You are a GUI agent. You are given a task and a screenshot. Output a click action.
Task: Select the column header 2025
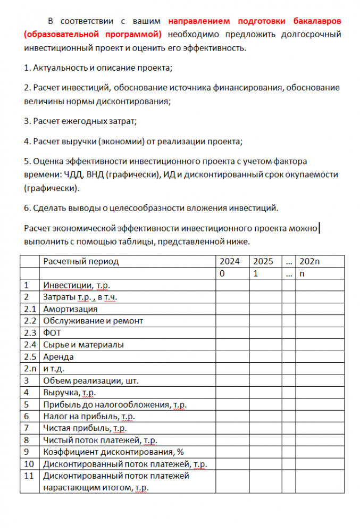(263, 261)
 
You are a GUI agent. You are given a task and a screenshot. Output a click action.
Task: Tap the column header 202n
(309, 261)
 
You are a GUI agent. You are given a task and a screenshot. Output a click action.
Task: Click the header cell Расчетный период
(81, 261)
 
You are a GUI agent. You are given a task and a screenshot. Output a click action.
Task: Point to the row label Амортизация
(70, 309)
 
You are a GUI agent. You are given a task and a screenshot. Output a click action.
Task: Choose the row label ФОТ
(52, 332)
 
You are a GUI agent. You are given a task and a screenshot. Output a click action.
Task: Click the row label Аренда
(58, 356)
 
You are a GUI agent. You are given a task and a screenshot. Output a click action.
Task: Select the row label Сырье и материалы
(83, 345)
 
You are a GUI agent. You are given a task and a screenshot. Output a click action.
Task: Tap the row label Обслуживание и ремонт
(93, 321)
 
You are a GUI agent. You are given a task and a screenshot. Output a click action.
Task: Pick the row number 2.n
(30, 368)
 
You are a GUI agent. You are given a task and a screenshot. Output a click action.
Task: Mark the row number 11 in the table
(29, 476)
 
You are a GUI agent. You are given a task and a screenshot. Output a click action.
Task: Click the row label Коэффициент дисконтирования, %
(109, 452)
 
